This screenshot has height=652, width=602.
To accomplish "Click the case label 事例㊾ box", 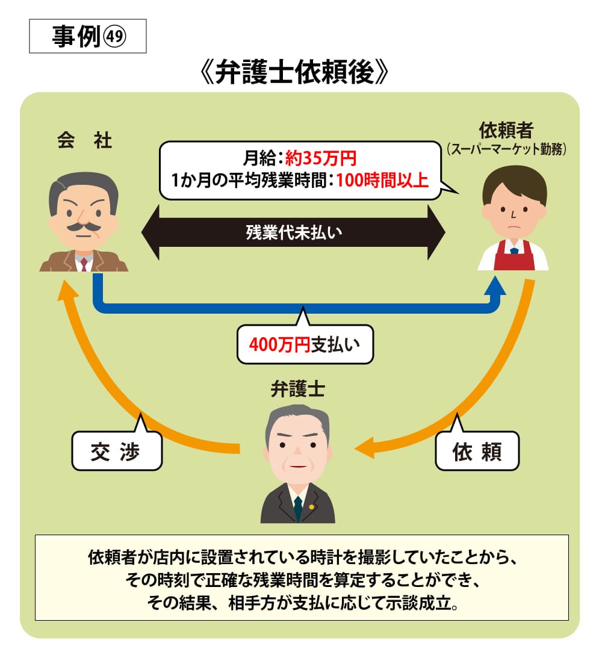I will click(88, 36).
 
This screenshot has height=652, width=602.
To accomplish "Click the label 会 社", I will click(84, 141).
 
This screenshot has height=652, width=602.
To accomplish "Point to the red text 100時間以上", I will click(382, 179).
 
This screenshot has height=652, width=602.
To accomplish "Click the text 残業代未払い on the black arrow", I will click(293, 232).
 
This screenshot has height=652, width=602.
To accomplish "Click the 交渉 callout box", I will click(116, 450).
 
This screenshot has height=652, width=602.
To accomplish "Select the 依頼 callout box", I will click(476, 450).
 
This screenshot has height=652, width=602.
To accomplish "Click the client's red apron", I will click(513, 256).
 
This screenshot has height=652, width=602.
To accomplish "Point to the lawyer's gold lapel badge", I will click(311, 506).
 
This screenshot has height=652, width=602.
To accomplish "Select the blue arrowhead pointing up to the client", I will click(497, 285).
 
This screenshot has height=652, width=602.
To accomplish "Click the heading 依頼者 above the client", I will click(506, 129).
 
